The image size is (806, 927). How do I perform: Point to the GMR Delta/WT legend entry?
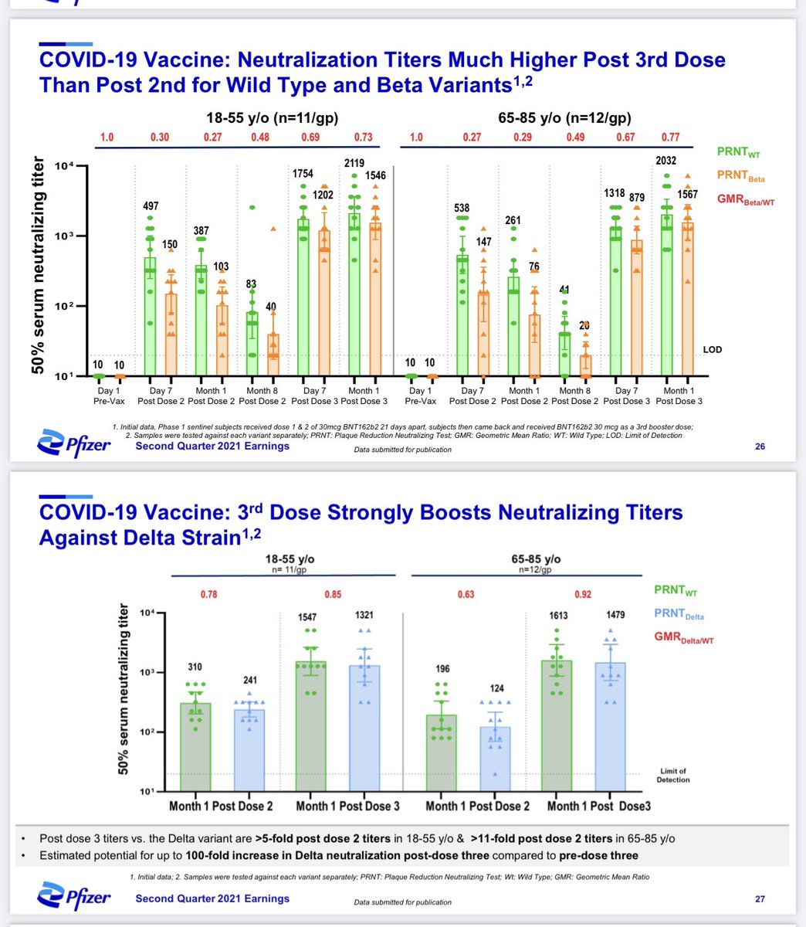click(x=683, y=638)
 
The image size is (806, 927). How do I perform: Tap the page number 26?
click(x=760, y=446)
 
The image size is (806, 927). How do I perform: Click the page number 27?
click(x=760, y=898)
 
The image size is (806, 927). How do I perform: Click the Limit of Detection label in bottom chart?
click(x=673, y=775)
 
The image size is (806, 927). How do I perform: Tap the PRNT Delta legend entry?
click(x=679, y=615)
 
